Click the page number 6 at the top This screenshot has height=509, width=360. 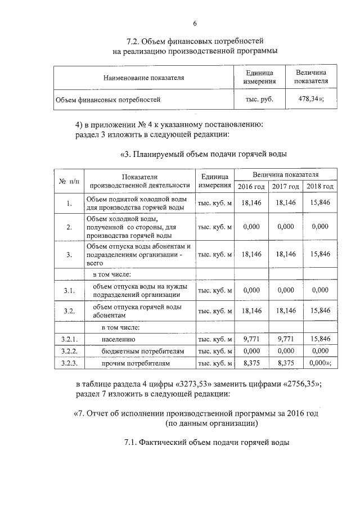pos(195,23)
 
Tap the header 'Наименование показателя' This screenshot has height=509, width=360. pos(143,78)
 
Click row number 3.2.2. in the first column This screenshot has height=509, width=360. pos(69,352)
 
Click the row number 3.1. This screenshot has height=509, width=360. pos(69,290)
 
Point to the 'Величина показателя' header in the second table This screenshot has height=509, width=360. pos(286,174)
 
